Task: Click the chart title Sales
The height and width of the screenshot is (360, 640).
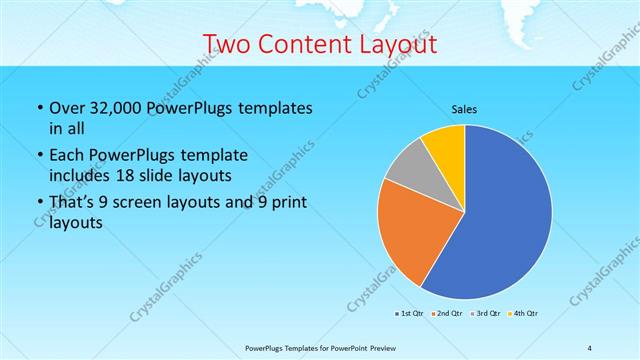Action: point(465,108)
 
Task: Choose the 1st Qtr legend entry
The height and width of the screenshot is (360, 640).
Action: point(410,314)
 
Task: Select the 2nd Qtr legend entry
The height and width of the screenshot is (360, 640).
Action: point(447,314)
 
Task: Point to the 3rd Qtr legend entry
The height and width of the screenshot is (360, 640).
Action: point(486,314)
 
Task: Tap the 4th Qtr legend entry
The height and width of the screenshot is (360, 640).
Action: point(524,314)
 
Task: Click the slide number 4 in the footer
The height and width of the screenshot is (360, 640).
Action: point(590,348)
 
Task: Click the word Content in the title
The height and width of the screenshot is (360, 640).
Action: point(303,44)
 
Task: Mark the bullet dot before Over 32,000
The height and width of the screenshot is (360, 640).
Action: point(39,108)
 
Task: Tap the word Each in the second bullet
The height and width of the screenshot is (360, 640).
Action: point(67,156)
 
